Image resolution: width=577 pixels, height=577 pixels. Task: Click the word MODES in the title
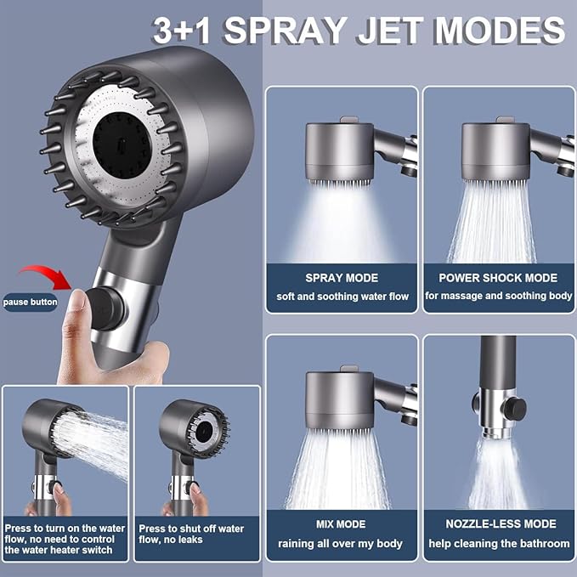[500, 31]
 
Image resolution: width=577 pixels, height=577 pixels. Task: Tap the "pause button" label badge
[30, 302]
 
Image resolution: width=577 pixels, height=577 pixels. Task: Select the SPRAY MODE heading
[342, 278]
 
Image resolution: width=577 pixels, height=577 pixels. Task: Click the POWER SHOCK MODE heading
[498, 278]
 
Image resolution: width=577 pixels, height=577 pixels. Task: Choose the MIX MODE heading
[342, 524]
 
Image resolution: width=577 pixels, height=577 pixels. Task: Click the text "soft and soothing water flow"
[342, 297]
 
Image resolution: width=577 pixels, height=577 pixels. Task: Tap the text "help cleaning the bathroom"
[498, 543]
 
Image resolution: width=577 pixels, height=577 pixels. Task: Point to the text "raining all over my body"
[342, 543]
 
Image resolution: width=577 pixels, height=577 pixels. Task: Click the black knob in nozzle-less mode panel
[512, 406]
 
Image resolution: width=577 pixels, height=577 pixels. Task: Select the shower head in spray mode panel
[339, 151]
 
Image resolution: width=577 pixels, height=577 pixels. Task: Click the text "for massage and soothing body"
[498, 297]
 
